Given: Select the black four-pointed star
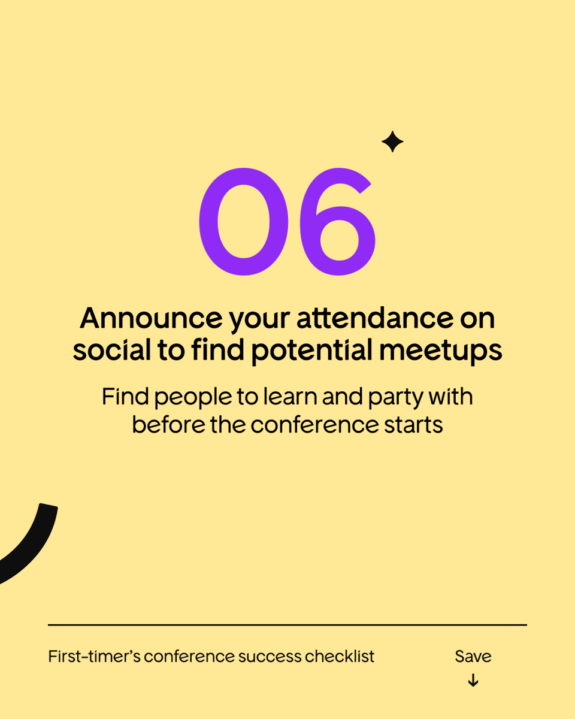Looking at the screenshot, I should (x=392, y=142).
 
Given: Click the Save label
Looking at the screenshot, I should (x=473, y=656).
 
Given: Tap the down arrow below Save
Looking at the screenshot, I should (x=473, y=681).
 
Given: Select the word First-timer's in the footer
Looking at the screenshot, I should (x=94, y=656).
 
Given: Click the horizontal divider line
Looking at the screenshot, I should (x=287, y=625).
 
